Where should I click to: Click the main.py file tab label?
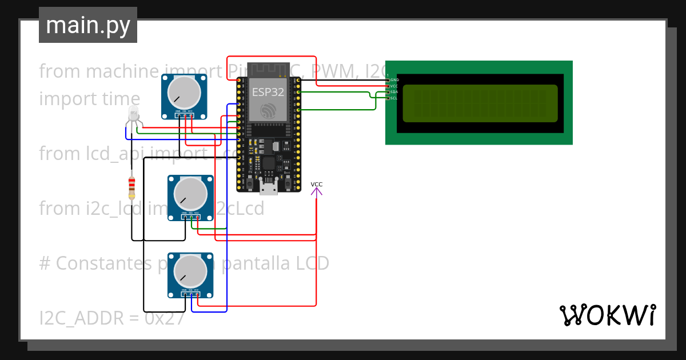tap(87, 25)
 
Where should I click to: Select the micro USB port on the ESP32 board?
tap(268, 185)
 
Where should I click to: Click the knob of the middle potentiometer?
tap(190, 193)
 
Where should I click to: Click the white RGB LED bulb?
tap(133, 113)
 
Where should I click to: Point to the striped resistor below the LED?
tap(132, 187)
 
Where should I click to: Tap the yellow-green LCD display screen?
tap(480, 103)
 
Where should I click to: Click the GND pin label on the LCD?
tap(394, 79)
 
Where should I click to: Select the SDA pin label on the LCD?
tap(394, 92)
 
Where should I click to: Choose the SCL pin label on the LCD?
tap(394, 98)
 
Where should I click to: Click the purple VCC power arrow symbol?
tap(316, 191)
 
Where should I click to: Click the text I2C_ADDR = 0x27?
tap(111, 318)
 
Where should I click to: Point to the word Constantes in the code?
tap(105, 263)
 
